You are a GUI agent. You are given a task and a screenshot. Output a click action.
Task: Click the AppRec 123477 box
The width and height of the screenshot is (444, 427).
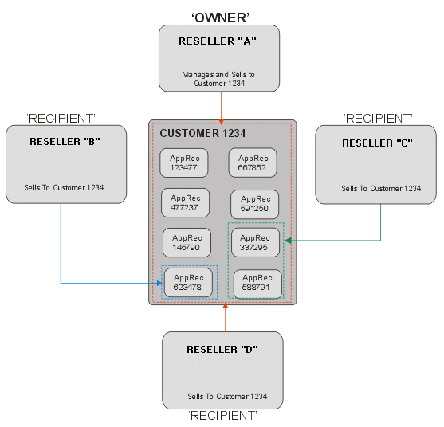pos(184,163)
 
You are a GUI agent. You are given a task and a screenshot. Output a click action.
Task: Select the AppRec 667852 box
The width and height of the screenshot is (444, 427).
pos(253,163)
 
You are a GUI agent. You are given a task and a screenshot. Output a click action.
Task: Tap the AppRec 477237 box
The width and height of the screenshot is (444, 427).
pos(186,203)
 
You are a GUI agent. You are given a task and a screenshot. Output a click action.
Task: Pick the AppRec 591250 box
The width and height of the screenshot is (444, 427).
pos(254,204)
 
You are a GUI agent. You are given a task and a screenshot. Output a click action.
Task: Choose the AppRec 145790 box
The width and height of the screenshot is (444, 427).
pos(187,243)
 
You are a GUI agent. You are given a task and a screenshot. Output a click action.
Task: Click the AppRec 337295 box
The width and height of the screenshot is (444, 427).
pos(255,242)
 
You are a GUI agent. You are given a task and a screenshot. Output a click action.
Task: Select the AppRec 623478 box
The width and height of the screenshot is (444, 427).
pos(188,283)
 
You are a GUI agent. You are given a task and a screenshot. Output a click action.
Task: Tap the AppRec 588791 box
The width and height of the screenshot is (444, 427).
pos(257,284)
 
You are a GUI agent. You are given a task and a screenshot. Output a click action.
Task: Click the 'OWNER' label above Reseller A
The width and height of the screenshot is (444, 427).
pos(220,18)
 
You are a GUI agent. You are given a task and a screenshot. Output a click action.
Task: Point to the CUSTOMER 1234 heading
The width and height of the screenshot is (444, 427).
pos(202,133)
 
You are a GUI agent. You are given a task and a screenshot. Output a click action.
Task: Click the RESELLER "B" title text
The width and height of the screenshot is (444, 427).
pos(65,142)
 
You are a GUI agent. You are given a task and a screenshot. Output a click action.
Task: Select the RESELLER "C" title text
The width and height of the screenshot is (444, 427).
pos(377,143)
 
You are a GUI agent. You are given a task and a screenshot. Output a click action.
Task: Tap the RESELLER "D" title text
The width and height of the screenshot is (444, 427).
pos(222,350)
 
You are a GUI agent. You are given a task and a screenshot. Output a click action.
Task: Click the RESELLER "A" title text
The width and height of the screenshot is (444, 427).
pos(218,41)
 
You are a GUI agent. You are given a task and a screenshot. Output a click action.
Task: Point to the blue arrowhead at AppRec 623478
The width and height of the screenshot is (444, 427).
pos(159,283)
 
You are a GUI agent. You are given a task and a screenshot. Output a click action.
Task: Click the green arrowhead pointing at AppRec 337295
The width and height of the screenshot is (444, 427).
pos(288,241)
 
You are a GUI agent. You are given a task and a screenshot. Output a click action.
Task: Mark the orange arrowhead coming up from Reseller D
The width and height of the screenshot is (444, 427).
pos(226,306)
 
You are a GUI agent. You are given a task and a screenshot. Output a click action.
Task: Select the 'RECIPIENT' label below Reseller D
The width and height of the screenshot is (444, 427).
pos(222,416)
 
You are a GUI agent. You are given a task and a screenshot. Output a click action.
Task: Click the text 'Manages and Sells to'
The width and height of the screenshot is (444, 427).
pos(218,75)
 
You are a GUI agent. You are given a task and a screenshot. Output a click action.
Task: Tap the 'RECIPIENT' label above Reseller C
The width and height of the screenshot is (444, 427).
pos(378,119)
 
